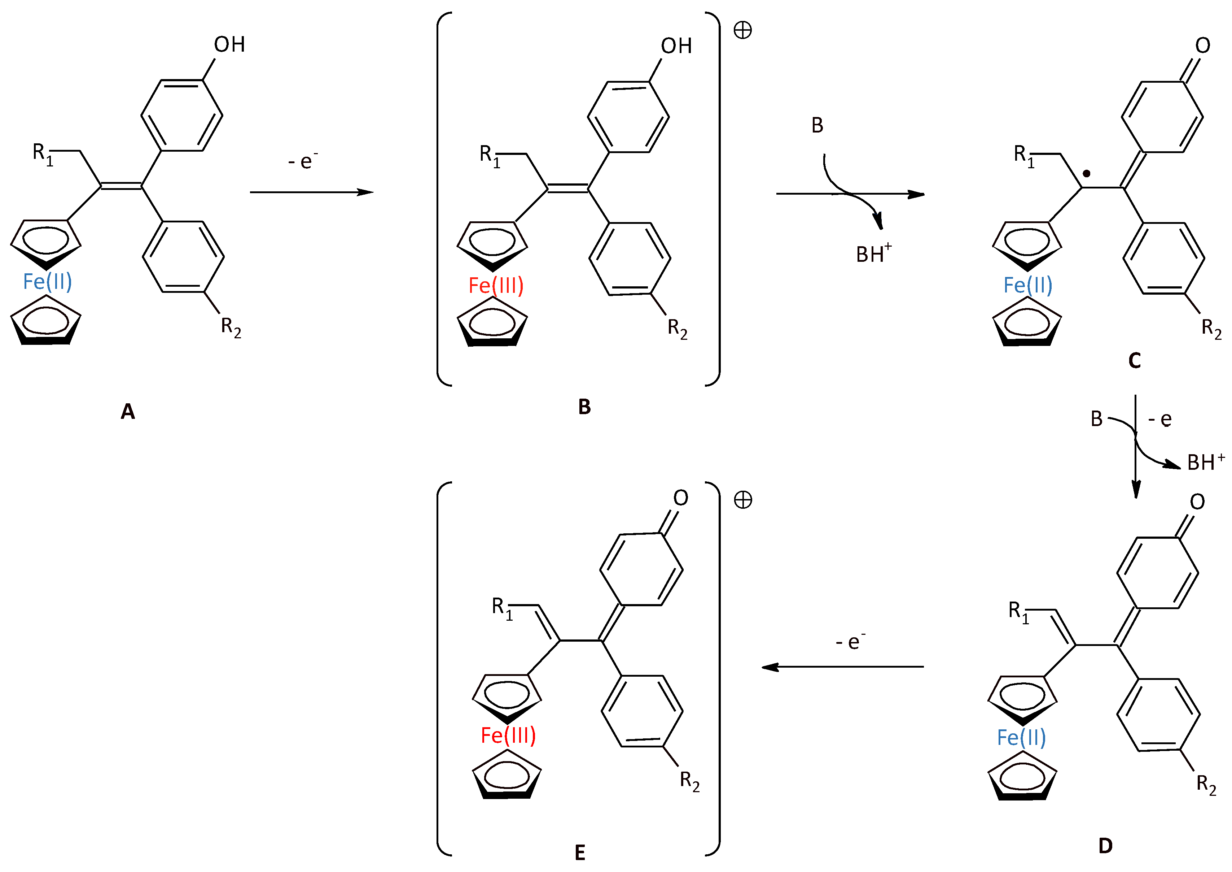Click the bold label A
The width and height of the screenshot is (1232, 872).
pos(128,412)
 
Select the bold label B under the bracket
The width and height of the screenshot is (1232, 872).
pos(584,407)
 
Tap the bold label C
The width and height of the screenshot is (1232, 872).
pos(1134,361)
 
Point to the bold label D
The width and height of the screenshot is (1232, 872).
pos(1105,846)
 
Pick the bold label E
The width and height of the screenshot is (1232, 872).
pos(580,853)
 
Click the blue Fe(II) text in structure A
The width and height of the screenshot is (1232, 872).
pos(47,281)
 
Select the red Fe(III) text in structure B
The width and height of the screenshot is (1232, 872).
pos(496,285)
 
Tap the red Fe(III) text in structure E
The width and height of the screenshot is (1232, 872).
pos(508,735)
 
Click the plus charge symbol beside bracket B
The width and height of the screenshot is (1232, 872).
pos(743,31)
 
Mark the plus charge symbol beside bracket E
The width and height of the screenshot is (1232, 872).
pos(743,500)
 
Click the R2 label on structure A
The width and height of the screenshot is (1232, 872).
pos(231,326)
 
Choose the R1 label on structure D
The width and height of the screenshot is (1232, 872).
pos(1018,612)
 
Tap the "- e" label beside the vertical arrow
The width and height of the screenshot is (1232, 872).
pos(1159,419)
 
